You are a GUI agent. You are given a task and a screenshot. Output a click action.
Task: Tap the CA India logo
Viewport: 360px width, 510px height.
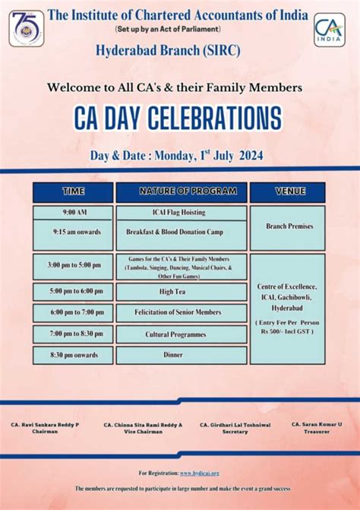[x=329, y=30]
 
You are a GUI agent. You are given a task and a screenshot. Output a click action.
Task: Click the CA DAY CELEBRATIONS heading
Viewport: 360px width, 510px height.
[x=178, y=119]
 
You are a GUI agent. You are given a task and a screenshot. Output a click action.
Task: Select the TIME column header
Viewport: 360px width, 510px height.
[x=73, y=192]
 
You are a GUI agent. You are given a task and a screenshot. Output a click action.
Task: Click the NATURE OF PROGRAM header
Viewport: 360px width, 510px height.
[x=181, y=192]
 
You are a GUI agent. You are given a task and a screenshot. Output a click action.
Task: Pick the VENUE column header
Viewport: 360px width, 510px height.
[x=287, y=192]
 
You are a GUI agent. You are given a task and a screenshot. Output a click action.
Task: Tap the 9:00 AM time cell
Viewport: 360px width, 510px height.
[x=73, y=212]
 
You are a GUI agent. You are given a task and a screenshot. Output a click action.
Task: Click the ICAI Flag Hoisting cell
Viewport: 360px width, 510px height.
[x=181, y=212]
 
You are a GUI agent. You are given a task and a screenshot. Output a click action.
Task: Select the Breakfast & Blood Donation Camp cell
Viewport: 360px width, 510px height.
[x=181, y=231]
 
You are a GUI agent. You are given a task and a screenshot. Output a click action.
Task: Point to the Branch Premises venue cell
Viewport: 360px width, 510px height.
[x=287, y=226]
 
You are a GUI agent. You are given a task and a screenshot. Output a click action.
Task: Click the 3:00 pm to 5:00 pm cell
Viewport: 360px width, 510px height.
[x=73, y=265]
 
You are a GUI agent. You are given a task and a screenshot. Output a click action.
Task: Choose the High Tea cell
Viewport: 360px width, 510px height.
[x=181, y=292]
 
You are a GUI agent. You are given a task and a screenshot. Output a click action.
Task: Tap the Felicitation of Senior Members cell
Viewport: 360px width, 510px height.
[x=181, y=312]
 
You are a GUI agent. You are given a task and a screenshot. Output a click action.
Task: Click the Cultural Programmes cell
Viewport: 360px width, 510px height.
[x=181, y=334]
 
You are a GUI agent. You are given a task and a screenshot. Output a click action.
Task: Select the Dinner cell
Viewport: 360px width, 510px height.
[x=181, y=355]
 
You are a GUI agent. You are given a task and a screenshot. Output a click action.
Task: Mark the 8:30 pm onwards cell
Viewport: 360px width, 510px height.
[x=73, y=355]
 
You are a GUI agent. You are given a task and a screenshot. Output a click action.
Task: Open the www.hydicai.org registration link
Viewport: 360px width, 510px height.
[x=200, y=473]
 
